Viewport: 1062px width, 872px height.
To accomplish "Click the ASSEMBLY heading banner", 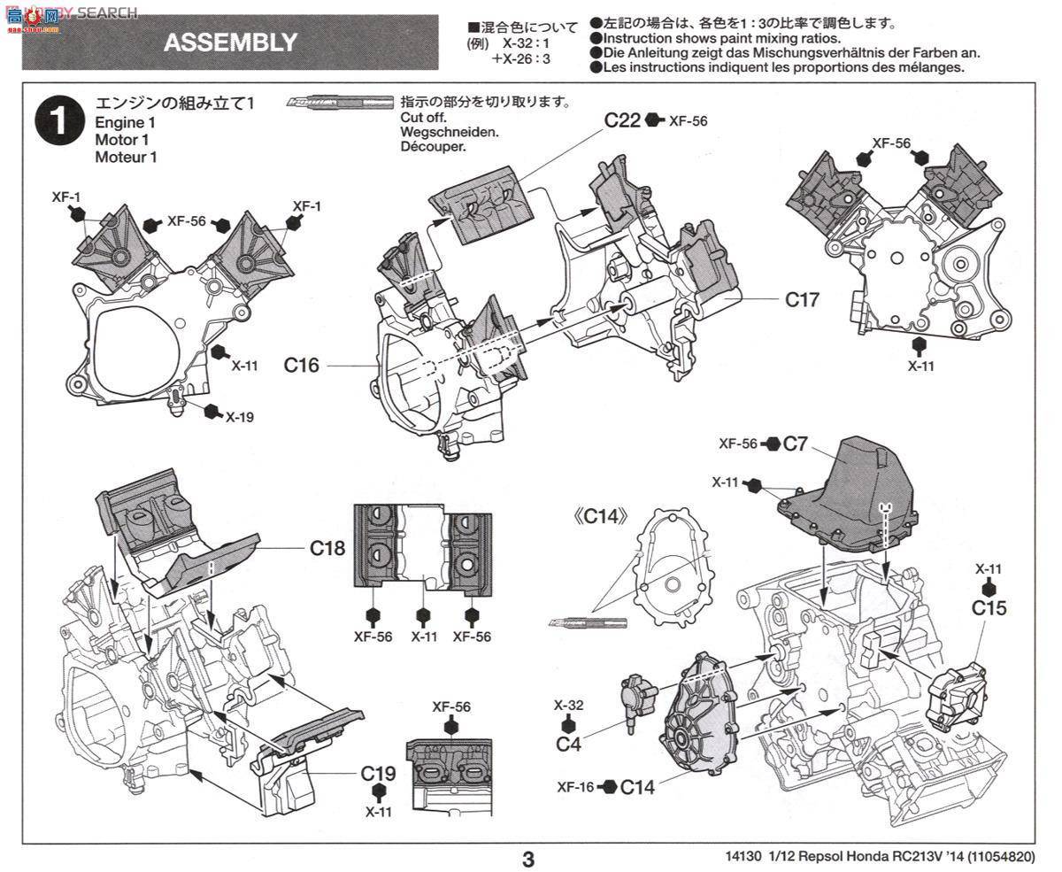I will pos(230,42).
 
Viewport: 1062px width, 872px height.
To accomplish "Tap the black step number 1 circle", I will pos(58,123).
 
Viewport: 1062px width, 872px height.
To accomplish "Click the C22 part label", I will pos(622,120).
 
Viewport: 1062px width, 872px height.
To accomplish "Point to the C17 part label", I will pos(803,300).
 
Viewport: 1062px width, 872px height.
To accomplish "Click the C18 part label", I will pos(327,548).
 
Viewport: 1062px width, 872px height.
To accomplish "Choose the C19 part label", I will pos(379,772).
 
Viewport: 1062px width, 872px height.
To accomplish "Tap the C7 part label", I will pos(796,444).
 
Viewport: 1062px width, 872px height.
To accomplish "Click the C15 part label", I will pos(989,608).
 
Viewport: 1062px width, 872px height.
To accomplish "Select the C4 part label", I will pos(568,744).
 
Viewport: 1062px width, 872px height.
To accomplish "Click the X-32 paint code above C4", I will pos(568,706).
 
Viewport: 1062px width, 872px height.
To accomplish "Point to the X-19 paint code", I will pos(239,416).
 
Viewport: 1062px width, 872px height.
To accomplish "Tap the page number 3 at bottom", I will pos(527,858).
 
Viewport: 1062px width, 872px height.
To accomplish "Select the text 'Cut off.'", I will pos(423,118).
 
